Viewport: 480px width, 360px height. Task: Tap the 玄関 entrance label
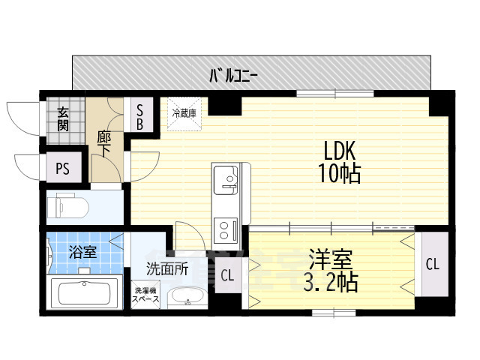click(x=63, y=119)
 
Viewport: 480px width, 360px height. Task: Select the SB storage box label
click(x=140, y=117)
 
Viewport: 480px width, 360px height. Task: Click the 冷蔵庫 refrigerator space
click(x=184, y=114)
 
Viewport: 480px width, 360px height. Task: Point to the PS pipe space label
click(x=63, y=168)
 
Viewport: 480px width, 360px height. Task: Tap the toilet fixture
click(x=68, y=206)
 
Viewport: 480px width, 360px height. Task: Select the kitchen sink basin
click(x=226, y=180)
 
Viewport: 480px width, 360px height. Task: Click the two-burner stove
click(x=226, y=230)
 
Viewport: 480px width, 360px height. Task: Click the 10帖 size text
click(x=340, y=173)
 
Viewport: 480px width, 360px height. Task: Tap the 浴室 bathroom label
click(x=82, y=252)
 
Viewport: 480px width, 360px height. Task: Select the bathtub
click(x=85, y=292)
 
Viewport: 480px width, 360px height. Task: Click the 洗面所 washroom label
click(x=166, y=269)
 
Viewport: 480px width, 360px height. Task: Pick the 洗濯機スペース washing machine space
click(x=145, y=295)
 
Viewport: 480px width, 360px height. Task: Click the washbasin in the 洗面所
click(x=187, y=297)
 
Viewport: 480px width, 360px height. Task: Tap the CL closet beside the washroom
click(x=228, y=275)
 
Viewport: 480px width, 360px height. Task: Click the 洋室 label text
click(x=331, y=259)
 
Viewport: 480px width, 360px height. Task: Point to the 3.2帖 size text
click(x=331, y=283)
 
